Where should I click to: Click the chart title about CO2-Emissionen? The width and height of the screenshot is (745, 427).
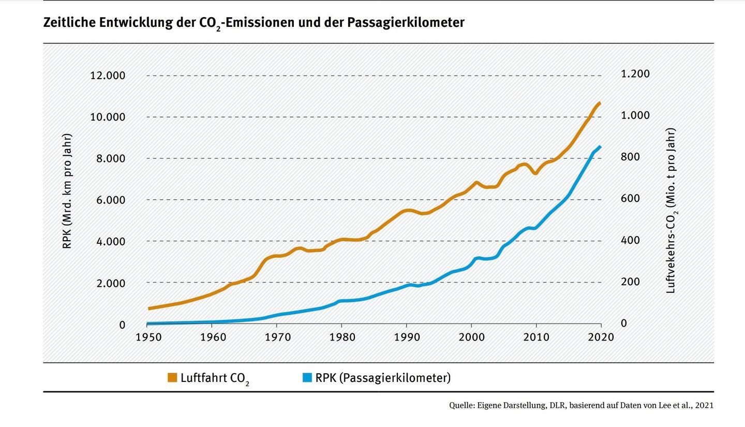click(254, 23)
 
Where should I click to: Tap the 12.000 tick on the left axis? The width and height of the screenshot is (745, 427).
click(108, 76)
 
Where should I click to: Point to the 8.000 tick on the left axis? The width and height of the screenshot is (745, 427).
click(111, 158)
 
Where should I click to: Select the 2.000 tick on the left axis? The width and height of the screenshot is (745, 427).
click(111, 283)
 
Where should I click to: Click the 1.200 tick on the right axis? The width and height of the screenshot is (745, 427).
click(635, 74)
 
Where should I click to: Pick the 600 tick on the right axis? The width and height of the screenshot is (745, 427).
click(631, 199)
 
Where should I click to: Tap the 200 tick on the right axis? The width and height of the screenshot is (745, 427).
click(631, 282)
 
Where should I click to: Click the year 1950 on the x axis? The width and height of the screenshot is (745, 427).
click(148, 337)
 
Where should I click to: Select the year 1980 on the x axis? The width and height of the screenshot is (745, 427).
click(342, 337)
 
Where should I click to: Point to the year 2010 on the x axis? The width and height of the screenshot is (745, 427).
click(536, 337)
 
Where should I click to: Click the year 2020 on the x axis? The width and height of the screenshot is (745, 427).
click(601, 337)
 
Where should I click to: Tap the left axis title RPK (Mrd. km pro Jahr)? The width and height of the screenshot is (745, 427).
click(67, 191)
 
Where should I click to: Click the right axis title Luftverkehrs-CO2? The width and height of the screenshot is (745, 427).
click(671, 211)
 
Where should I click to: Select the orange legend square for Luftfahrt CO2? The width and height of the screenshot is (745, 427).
click(172, 378)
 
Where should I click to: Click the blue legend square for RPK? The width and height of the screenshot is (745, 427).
click(307, 378)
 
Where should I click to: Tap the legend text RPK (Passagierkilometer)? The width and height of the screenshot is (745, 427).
click(383, 378)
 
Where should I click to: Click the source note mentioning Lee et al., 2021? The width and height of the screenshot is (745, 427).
click(581, 405)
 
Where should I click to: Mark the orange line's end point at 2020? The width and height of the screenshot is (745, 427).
click(600, 103)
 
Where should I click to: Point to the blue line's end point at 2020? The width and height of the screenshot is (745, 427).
click(600, 146)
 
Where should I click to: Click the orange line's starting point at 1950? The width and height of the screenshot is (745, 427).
click(149, 308)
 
